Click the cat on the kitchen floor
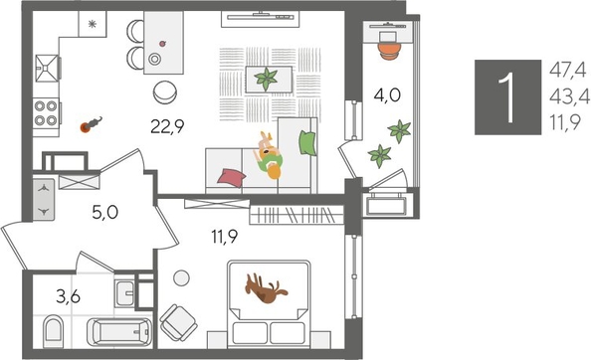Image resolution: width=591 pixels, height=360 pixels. coord(91,124)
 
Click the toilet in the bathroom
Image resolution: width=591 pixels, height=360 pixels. coord(54,329)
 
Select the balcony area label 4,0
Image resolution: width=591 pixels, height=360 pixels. coord(388,97)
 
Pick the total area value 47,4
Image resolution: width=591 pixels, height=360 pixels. coord(568,69)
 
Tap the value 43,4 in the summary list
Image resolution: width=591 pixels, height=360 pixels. coord(568,96)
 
